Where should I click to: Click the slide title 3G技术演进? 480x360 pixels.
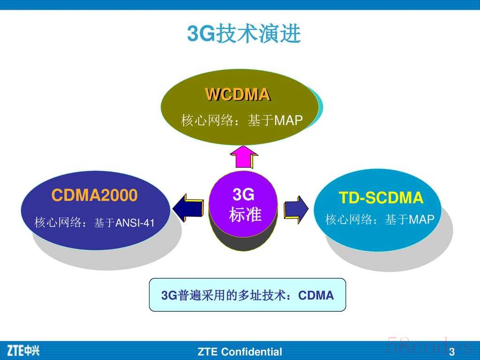pos(244,33)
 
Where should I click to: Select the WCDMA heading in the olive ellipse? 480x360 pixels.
pos(238,94)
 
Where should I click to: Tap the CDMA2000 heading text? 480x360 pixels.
pos(94,195)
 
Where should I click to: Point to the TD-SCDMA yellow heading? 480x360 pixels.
pos(381,197)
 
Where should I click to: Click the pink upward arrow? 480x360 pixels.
pos(244,157)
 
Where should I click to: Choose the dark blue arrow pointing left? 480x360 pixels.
pos(188,208)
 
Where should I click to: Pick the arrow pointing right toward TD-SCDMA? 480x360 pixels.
pos(296,210)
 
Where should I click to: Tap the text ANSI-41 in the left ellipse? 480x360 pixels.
pos(135,223)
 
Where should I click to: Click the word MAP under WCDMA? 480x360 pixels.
pos(288,120)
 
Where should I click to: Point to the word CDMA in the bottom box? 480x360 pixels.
pos(316,295)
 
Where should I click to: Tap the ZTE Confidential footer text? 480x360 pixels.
pos(240,352)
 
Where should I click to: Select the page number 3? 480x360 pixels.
pos(452,352)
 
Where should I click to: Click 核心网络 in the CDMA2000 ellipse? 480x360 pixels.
pos(58,223)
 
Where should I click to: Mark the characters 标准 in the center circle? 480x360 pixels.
pos(245,214)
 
